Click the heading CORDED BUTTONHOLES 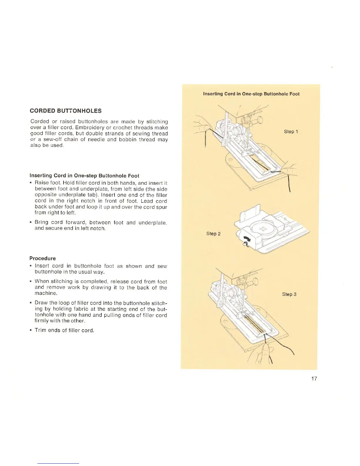[x=66, y=111]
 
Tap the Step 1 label [x=291, y=132]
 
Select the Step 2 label [x=213, y=234]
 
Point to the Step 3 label [x=289, y=294]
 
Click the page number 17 [x=314, y=379]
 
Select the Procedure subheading [x=42, y=259]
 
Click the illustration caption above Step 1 [x=251, y=94]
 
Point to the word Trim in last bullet [x=40, y=330]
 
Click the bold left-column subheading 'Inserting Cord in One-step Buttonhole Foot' [x=84, y=176]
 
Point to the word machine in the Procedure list [x=46, y=293]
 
